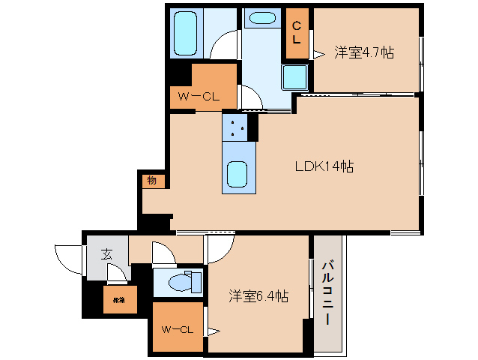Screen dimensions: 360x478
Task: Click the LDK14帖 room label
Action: coord(324,167)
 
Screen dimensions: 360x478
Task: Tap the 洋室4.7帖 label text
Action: coord(364,52)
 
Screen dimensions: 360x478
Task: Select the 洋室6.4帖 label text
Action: coord(258,296)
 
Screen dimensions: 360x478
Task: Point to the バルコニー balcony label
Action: coord(327,292)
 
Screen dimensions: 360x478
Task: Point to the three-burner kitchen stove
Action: coord(239,127)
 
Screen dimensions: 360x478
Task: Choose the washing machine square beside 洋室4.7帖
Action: coord(294,76)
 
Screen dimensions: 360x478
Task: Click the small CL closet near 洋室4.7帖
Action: coord(297,34)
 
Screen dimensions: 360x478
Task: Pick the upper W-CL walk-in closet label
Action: coord(198,96)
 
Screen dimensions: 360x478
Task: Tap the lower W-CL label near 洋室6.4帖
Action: coord(176,328)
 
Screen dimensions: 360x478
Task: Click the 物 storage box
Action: coord(151,180)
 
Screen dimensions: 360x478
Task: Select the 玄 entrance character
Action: coord(107,254)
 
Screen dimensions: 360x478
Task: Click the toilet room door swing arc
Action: coord(163,253)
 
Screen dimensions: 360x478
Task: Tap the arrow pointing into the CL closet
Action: coord(318,53)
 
